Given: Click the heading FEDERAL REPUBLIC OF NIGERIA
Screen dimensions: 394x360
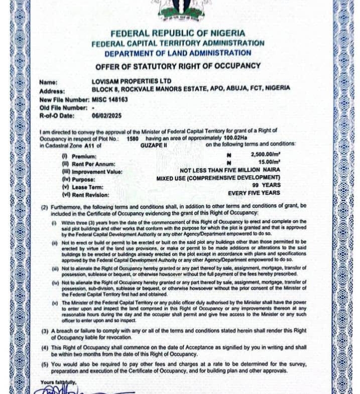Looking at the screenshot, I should click(x=178, y=33).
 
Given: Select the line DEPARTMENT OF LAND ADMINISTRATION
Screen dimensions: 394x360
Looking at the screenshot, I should click(x=178, y=53).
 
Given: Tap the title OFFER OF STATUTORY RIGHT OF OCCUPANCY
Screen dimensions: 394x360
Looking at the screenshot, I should click(x=178, y=66).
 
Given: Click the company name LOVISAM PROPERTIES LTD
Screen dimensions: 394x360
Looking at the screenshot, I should click(x=132, y=81).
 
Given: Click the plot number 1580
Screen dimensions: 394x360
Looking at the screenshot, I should click(x=133, y=138).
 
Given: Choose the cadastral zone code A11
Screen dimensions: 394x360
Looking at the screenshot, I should click(x=89, y=145).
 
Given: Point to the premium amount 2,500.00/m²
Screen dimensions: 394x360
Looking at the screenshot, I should click(x=266, y=156).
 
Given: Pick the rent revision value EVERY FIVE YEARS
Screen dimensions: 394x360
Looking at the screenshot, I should click(x=254, y=193).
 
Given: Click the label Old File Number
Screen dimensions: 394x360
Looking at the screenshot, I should click(x=58, y=107).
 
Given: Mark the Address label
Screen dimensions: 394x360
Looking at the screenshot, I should click(x=52, y=91).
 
